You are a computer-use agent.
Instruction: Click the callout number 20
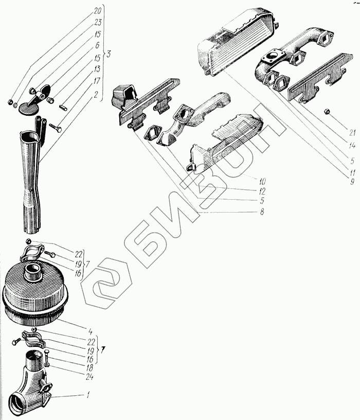[x=97, y=10]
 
